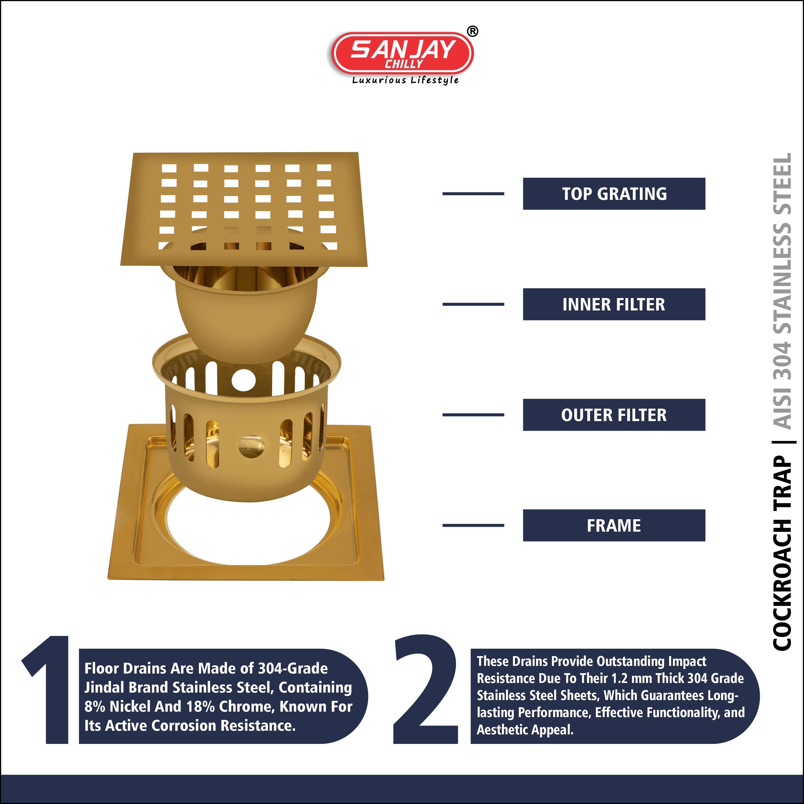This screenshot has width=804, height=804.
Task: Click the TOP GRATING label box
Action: pos(614,193)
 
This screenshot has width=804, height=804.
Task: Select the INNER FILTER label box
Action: pos(614,304)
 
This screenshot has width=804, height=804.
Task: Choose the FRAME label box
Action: pos(614,525)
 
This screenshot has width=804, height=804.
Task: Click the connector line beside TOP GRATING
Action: pos(473,193)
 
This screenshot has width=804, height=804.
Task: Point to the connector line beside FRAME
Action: pos(473,525)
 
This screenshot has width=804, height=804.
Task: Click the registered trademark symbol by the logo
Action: pos(472,31)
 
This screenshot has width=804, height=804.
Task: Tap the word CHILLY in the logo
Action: pos(404,64)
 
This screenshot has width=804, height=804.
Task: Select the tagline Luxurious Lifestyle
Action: pos(405,80)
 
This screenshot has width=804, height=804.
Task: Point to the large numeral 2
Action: pos(425,689)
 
